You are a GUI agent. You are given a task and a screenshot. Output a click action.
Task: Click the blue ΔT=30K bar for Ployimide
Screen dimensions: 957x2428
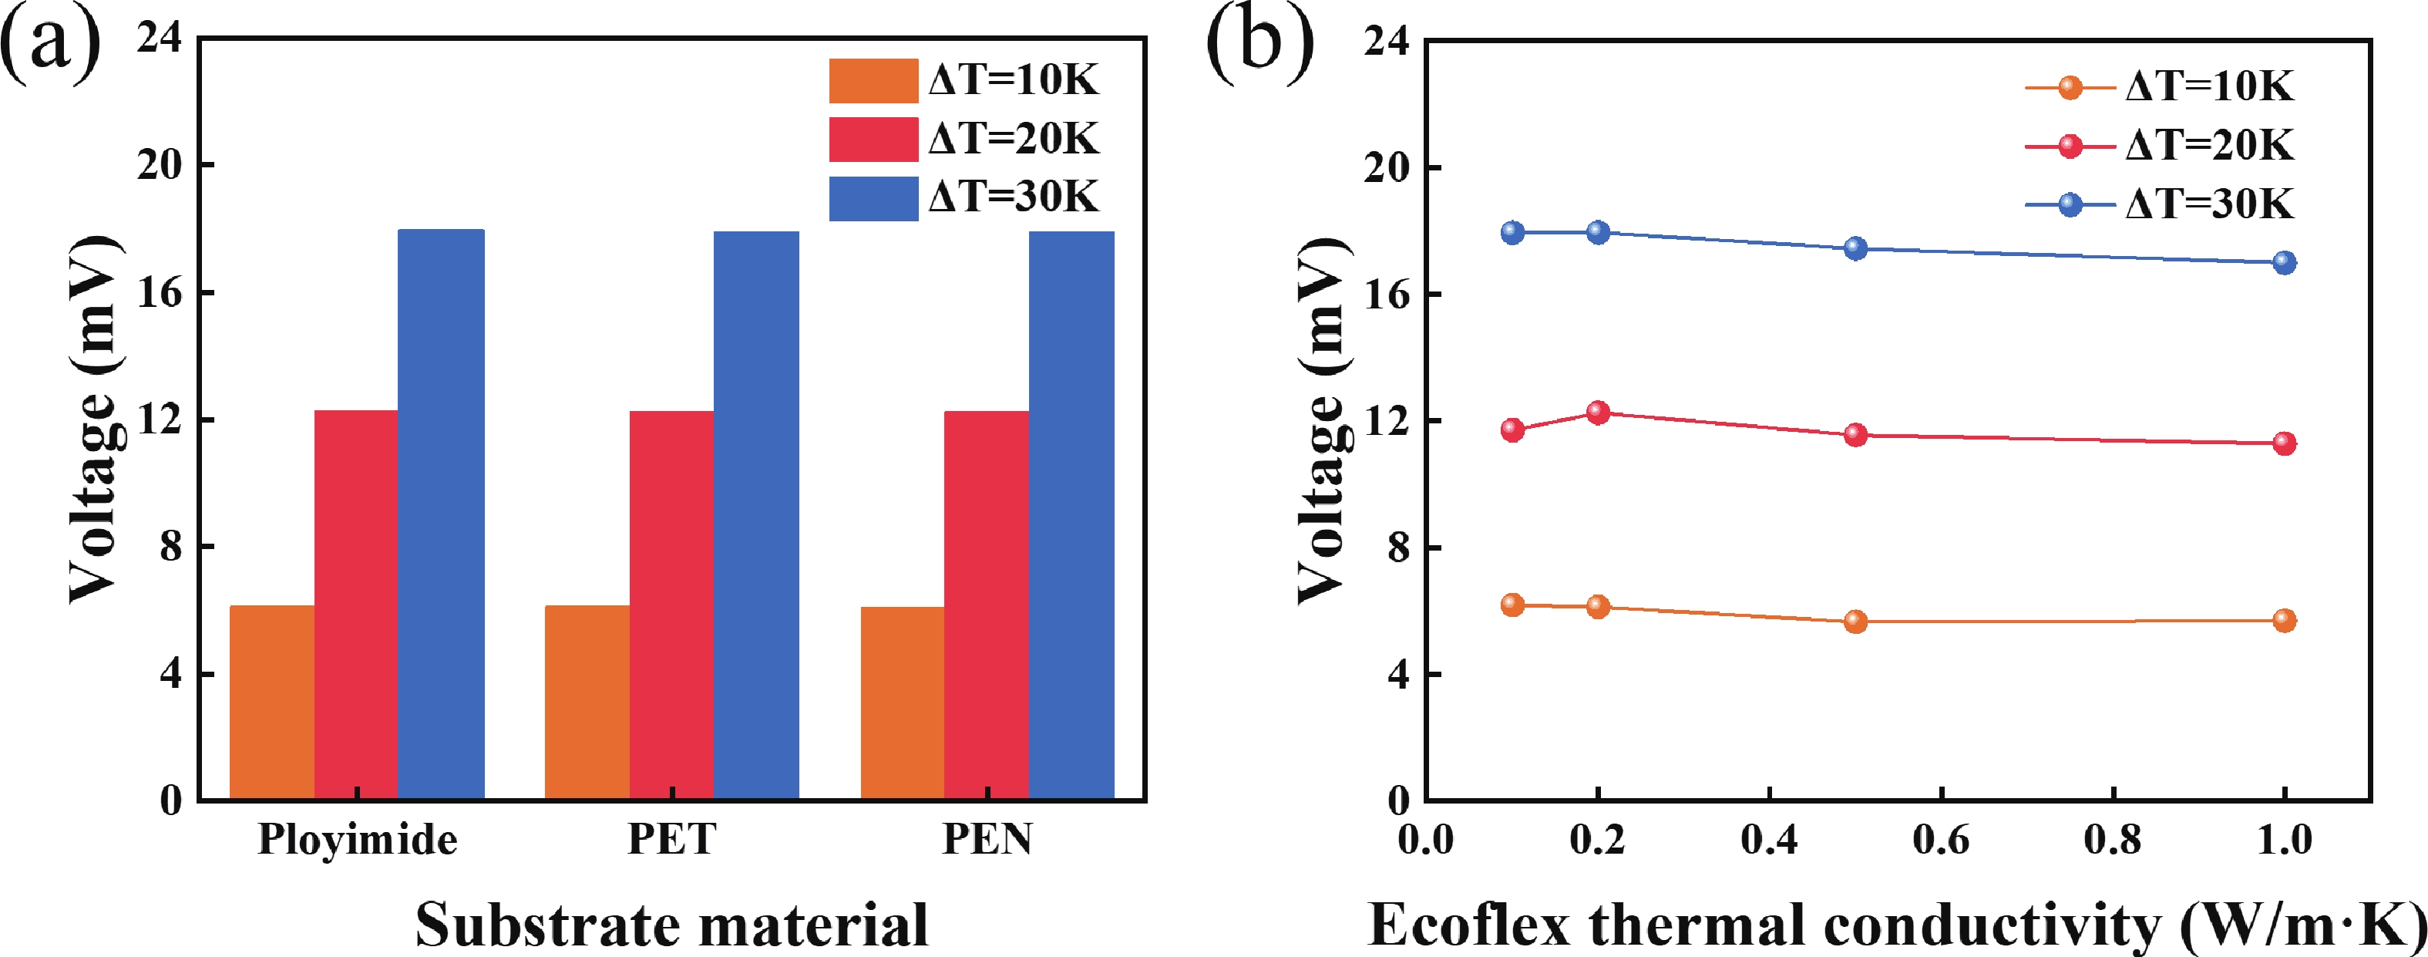pyautogui.click(x=441, y=514)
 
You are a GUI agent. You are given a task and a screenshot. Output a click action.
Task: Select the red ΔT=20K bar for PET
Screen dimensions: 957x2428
pyautogui.click(x=671, y=605)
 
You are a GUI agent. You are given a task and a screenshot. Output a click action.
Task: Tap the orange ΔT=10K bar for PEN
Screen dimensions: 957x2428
pyautogui.click(x=902, y=703)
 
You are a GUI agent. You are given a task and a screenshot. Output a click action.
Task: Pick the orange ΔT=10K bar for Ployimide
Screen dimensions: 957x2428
pyautogui.click(x=271, y=703)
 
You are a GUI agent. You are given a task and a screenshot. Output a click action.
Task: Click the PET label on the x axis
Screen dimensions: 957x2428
pyautogui.click(x=672, y=838)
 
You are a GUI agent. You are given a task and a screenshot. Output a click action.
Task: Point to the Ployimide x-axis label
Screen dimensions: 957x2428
pyautogui.click(x=357, y=838)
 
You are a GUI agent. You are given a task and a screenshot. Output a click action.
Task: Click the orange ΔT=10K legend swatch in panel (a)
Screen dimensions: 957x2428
pyautogui.click(x=873, y=80)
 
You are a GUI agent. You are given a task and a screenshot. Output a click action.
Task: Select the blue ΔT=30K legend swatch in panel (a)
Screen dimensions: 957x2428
pyautogui.click(x=873, y=198)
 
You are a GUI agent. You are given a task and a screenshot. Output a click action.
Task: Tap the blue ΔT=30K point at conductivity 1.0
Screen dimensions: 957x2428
pyautogui.click(x=2284, y=262)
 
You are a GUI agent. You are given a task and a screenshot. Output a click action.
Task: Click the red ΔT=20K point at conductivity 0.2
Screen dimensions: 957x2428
pyautogui.click(x=1598, y=412)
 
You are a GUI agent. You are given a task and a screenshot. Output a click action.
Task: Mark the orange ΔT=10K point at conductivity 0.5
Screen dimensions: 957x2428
pyautogui.click(x=1855, y=622)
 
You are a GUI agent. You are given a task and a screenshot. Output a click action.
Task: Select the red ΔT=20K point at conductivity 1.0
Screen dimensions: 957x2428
pyautogui.click(x=2284, y=443)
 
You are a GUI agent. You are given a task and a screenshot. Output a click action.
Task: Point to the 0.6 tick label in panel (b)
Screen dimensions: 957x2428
pyautogui.click(x=1941, y=839)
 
